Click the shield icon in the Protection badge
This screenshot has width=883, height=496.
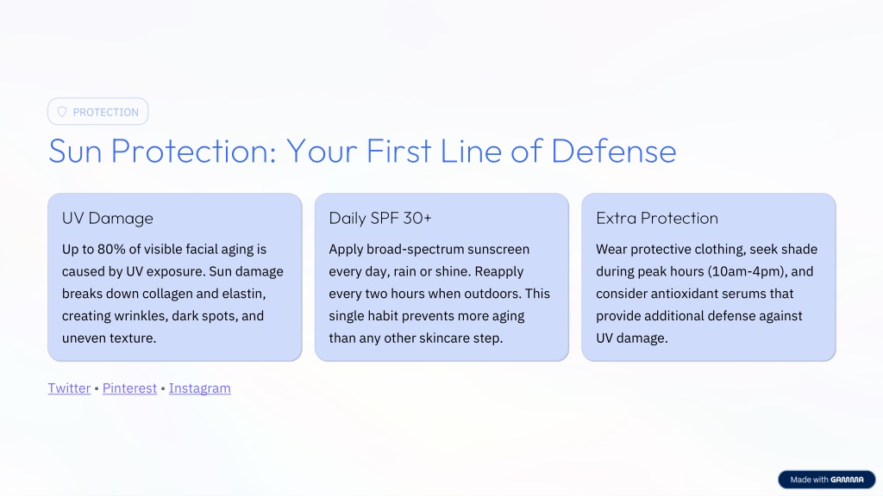pyautogui.click(x=62, y=112)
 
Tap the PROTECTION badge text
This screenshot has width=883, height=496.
pyautogui.click(x=106, y=113)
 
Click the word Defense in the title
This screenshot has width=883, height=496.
pyautogui.click(x=613, y=152)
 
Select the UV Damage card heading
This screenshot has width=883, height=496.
pyautogui.click(x=108, y=218)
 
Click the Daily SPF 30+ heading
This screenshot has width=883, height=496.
pyautogui.click(x=380, y=218)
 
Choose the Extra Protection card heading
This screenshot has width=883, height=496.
pyautogui.click(x=657, y=218)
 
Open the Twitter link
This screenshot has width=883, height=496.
pyautogui.click(x=69, y=388)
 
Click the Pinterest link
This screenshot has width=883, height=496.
pyautogui.click(x=129, y=388)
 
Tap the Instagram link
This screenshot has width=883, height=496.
pyautogui.click(x=200, y=388)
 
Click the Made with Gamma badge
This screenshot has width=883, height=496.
pyautogui.click(x=827, y=480)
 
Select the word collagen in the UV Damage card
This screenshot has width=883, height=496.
pyautogui.click(x=167, y=294)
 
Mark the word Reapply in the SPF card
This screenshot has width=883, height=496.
pyautogui.click(x=499, y=271)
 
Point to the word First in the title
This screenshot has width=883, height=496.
pyautogui.click(x=398, y=152)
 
